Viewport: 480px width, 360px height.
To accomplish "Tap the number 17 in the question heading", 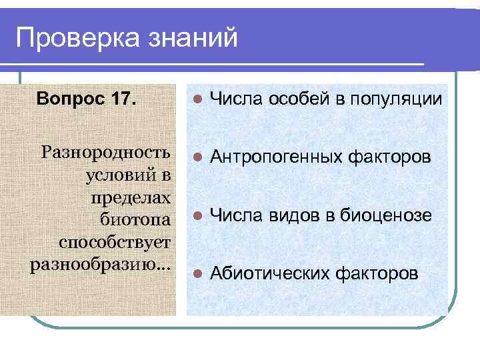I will pos(120,100).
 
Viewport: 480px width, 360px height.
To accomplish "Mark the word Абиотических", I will pos(270,273).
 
